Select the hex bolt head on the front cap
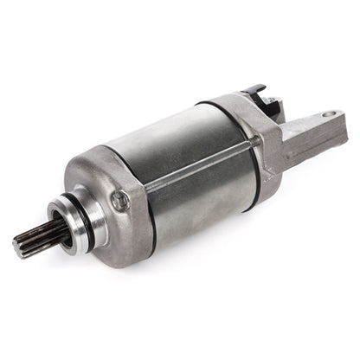120,200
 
